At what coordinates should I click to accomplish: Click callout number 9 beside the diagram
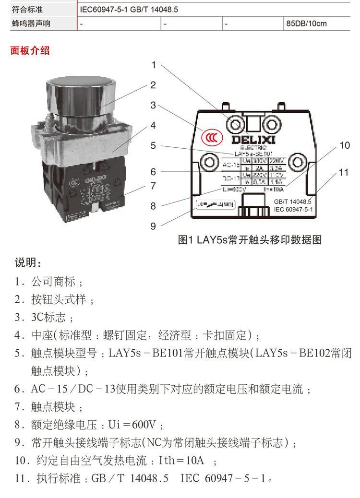pyautogui.click(x=153, y=225)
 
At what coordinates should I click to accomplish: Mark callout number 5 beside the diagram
pyautogui.click(x=153, y=145)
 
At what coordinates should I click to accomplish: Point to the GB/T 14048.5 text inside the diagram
pyautogui.click(x=293, y=202)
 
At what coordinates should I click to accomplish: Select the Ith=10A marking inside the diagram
pyautogui.click(x=274, y=190)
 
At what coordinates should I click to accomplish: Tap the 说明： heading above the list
pyautogui.click(x=28, y=263)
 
